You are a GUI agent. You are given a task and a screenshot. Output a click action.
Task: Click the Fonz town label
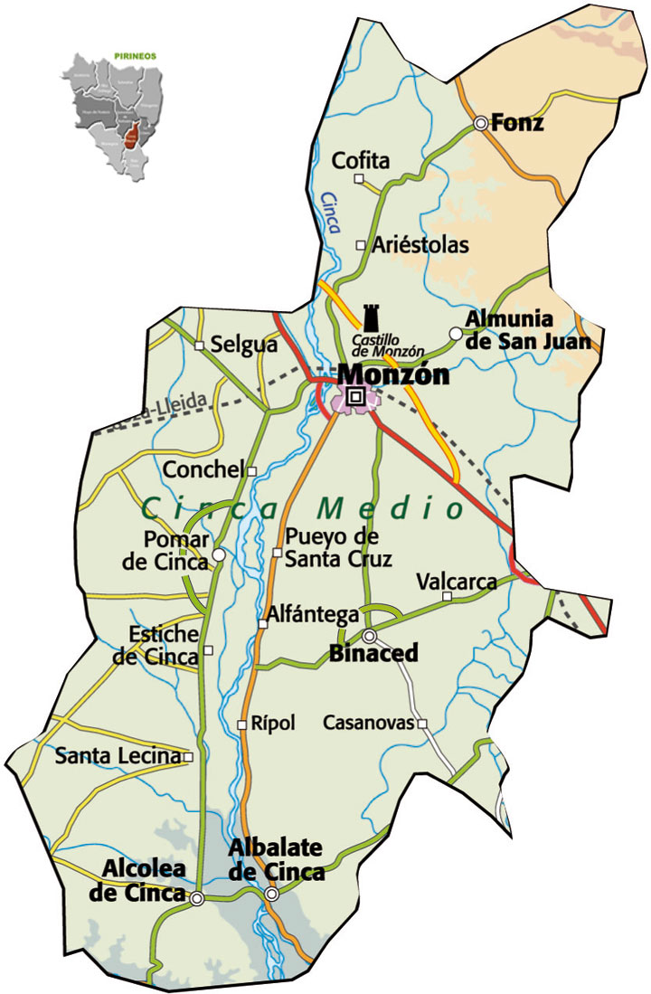pos(518,123)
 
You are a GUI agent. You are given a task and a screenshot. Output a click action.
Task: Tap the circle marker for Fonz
pos(480,123)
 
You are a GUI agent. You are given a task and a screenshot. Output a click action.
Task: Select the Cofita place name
pos(362,162)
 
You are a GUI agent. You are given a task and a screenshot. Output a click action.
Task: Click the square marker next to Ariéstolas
pos(361,245)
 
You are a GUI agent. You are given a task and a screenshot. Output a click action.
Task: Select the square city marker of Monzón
pos(355,396)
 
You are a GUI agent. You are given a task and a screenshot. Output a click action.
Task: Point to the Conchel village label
pos(203,470)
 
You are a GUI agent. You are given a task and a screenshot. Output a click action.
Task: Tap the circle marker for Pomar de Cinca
pos(219,554)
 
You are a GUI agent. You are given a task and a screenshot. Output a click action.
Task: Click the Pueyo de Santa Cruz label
pos(338,547)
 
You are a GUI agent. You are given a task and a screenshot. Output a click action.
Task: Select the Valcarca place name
pos(456,582)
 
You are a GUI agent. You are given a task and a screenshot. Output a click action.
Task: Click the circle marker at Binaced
pos(370,636)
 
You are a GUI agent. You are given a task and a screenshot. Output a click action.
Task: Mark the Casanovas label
pos(368,724)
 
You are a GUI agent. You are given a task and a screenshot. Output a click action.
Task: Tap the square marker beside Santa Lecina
pos(189,756)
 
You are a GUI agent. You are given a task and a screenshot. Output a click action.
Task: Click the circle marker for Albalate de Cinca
pos(271,894)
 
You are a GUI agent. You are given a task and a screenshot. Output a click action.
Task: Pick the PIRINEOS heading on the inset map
pos(136,56)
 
